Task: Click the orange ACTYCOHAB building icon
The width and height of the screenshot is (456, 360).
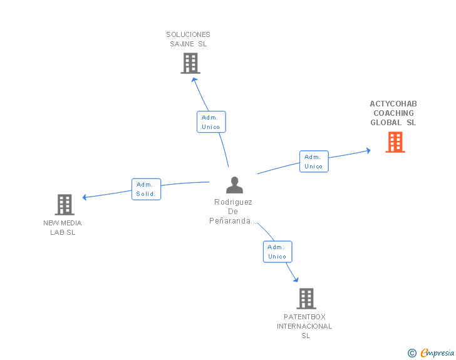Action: pos(395,142)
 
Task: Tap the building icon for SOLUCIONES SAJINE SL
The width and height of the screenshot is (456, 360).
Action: pos(190,63)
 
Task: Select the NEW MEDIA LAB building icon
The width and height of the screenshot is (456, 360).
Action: pos(65,205)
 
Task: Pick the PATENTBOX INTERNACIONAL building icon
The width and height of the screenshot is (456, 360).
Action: pos(306,299)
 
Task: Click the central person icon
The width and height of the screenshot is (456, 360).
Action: pos(234,185)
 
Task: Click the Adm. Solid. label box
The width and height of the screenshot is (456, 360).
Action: pos(147,189)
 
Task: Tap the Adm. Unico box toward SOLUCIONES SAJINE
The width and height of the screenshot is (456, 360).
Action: pos(211,122)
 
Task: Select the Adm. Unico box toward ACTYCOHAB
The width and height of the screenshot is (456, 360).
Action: pos(314,162)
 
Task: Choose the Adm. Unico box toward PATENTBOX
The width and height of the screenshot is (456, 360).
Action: pos(277,252)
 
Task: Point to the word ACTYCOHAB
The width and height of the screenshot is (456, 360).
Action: pos(393,104)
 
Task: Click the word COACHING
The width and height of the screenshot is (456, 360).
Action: pos(393,113)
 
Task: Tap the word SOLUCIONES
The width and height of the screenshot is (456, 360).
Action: pos(188,34)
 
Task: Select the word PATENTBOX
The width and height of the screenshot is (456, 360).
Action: pos(304,317)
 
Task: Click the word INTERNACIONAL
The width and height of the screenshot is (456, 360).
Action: pos(304,326)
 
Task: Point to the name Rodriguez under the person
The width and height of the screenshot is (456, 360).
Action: pos(233,202)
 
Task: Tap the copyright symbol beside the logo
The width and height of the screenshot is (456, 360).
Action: pos(412,353)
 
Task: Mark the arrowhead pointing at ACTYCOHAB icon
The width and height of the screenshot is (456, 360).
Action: pos(368,150)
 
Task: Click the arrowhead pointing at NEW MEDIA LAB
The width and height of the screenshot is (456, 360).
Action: pos(85,197)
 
